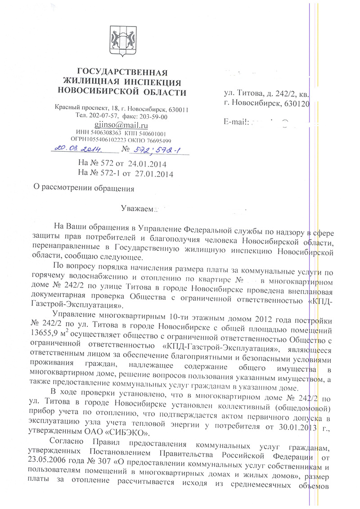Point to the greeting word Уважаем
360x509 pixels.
[138, 209]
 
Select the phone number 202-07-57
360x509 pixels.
[105, 117]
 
